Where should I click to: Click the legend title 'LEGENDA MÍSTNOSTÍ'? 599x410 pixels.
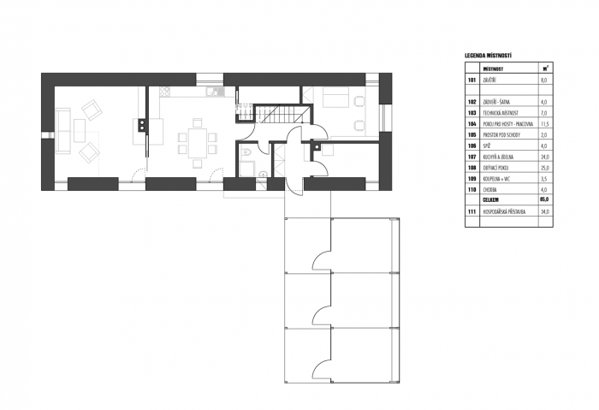[x=488, y=56]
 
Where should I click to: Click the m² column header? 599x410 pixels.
[x=545, y=67]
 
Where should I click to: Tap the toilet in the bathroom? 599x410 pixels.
[x=246, y=153]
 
